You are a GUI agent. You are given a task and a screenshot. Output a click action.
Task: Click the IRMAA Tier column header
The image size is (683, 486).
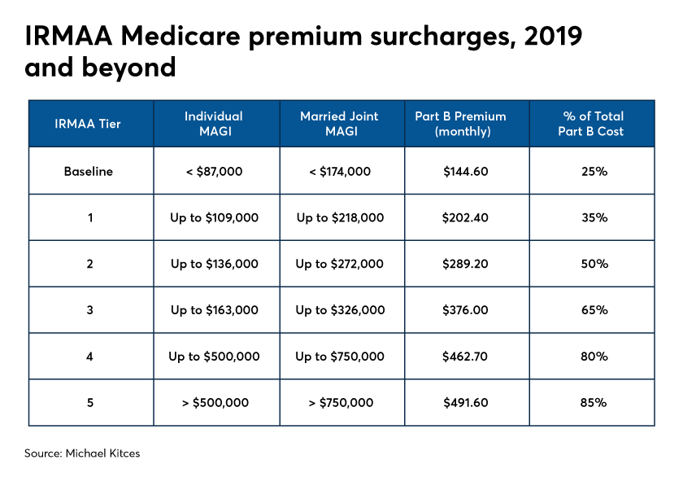pyautogui.click(x=88, y=124)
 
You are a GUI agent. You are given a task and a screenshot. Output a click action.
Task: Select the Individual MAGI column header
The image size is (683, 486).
pyautogui.click(x=214, y=124)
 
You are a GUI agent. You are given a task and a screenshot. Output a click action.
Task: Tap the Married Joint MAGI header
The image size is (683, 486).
pyautogui.click(x=340, y=124)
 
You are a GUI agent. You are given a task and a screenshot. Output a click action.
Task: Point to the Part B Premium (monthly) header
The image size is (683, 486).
pyautogui.click(x=461, y=124)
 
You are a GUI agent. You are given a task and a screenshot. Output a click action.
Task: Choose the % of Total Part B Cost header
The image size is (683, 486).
pyautogui.click(x=591, y=124)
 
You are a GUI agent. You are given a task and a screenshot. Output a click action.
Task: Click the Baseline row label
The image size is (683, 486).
pyautogui.click(x=89, y=172)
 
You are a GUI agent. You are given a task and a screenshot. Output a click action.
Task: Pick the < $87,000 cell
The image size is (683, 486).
pyautogui.click(x=214, y=172)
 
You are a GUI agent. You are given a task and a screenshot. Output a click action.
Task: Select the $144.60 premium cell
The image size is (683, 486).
pyautogui.click(x=466, y=172)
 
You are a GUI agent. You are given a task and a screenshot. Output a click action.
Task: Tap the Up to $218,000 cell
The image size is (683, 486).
pyautogui.click(x=340, y=217)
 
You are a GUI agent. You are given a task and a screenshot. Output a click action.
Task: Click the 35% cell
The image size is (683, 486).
pyautogui.click(x=594, y=217)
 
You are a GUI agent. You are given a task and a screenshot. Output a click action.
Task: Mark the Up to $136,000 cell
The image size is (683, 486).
pyautogui.click(x=215, y=264)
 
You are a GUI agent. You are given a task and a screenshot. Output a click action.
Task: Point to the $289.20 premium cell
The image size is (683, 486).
pyautogui.click(x=465, y=264)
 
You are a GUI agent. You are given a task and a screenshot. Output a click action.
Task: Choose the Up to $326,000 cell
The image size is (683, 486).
pyautogui.click(x=340, y=310)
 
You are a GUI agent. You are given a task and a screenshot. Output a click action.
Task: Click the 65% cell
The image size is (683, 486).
pyautogui.click(x=594, y=310)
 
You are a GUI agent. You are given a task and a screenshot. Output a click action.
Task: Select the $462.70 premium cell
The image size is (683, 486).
pyautogui.click(x=465, y=357)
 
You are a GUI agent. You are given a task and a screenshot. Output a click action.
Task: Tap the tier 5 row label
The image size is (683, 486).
pyautogui.click(x=90, y=403)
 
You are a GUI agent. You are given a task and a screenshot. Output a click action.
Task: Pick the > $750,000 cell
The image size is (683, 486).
pyautogui.click(x=341, y=403)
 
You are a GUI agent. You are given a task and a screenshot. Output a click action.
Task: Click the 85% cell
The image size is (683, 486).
pyautogui.click(x=594, y=403)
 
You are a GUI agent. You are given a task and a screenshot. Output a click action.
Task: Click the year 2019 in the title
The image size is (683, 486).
pyautogui.click(x=553, y=36)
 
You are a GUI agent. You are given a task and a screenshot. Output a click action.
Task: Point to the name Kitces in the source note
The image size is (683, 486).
pyautogui.click(x=124, y=453)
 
